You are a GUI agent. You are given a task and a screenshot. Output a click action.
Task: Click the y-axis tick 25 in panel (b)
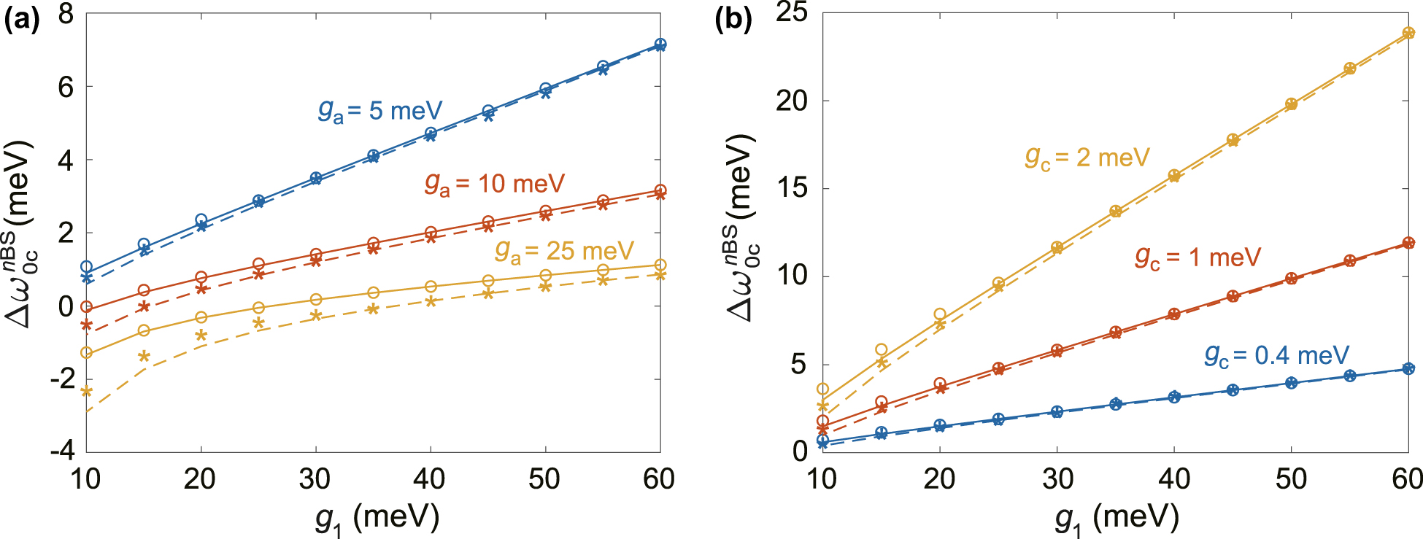point(793,13)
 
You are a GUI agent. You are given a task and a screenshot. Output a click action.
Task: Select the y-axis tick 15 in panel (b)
point(793,188)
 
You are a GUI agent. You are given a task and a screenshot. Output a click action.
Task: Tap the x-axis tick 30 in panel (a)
point(315,479)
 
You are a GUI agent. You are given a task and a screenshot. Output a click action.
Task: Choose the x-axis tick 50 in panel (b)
point(1291,479)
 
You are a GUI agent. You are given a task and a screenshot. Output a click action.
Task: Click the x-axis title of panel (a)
point(377,519)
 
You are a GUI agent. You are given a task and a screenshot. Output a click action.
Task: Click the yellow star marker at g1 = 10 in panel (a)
point(86,392)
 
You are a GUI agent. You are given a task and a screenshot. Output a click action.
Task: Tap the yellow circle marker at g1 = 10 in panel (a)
point(86,353)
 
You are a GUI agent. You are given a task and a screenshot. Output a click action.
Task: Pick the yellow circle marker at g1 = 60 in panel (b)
point(1408,33)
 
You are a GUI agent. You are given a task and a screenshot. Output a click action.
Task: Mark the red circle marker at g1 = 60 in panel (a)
point(660,190)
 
